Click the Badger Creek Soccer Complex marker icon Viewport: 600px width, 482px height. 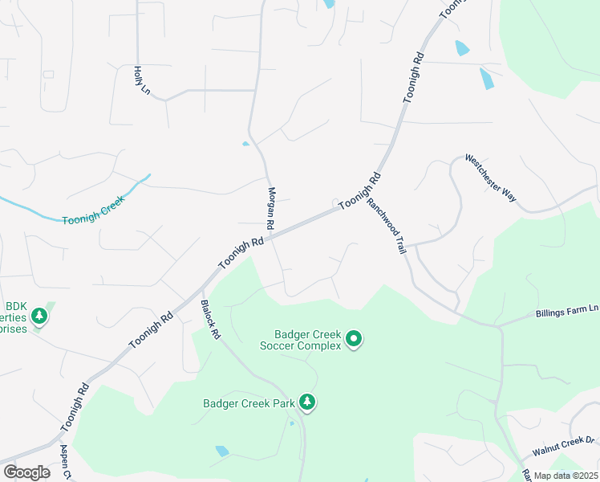pos(354,341)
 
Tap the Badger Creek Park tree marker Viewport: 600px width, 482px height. pos(306,402)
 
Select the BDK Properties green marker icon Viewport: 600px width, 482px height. pos(39,316)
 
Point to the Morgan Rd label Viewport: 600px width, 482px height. pos(271,205)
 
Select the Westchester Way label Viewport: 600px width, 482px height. pos(490,178)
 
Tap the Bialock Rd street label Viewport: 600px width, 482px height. pos(209,319)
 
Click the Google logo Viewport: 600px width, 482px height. pos(26,472)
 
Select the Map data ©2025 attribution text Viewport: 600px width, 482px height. pos(565,476)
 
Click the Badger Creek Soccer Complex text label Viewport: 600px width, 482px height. pos(307,340)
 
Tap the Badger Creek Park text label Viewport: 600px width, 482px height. pos(249,403)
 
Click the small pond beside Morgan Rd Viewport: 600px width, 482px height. pos(245,145)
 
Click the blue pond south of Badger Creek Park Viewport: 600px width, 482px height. pos(222,451)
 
